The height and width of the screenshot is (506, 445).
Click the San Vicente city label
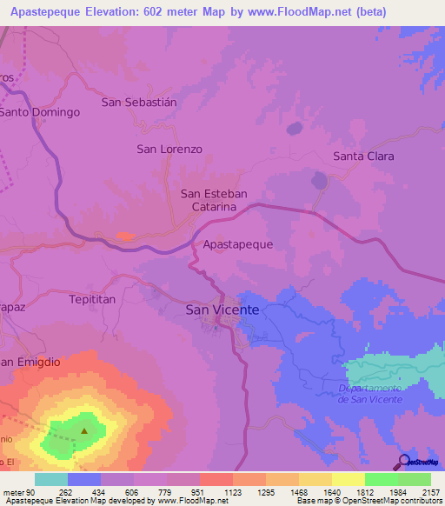[x=222, y=310]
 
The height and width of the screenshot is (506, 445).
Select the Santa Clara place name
[x=363, y=156]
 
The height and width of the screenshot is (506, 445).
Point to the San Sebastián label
[x=139, y=102]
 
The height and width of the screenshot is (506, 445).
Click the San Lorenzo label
[x=169, y=149]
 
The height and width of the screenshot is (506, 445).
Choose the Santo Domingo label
[x=40, y=112]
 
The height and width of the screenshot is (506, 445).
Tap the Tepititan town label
[x=91, y=298]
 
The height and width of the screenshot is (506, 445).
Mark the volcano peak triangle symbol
[x=84, y=429]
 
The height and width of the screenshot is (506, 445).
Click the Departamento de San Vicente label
[x=371, y=393]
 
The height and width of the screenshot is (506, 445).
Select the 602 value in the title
[x=163, y=12]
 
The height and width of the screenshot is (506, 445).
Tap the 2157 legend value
[x=420, y=491]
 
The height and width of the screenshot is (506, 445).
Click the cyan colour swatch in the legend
[x=51, y=479]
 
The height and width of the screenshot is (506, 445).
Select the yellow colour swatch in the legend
[x=348, y=479]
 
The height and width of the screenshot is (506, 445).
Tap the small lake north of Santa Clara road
[x=320, y=181]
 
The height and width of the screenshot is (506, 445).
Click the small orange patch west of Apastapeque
[x=125, y=236]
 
